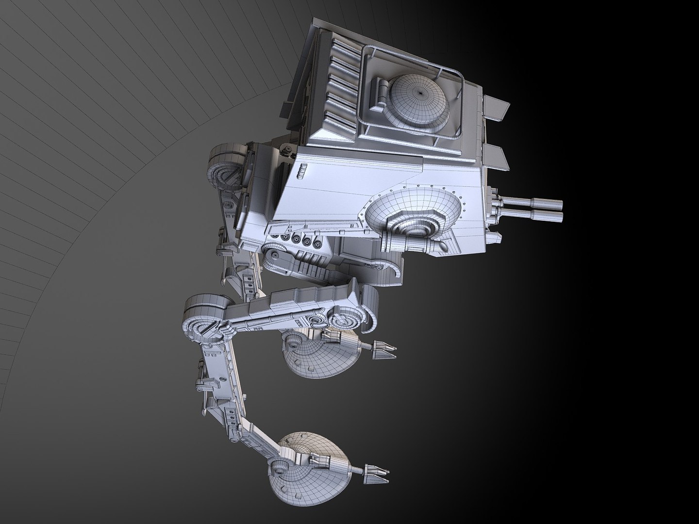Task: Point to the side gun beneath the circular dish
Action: [413, 242]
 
